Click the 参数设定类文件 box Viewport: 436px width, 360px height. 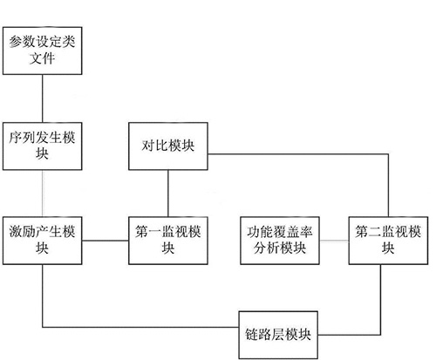click(43, 50)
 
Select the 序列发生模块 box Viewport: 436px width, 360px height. click(43, 145)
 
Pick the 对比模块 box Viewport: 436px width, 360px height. click(167, 145)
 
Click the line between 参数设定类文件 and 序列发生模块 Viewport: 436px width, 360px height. click(43, 98)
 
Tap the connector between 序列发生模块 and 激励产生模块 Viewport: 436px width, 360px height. click(43, 191)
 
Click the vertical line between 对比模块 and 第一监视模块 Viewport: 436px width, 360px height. click(167, 191)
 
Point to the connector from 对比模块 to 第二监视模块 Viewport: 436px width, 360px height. click(296, 155)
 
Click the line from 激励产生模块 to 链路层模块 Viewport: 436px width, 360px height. click(131, 328)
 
